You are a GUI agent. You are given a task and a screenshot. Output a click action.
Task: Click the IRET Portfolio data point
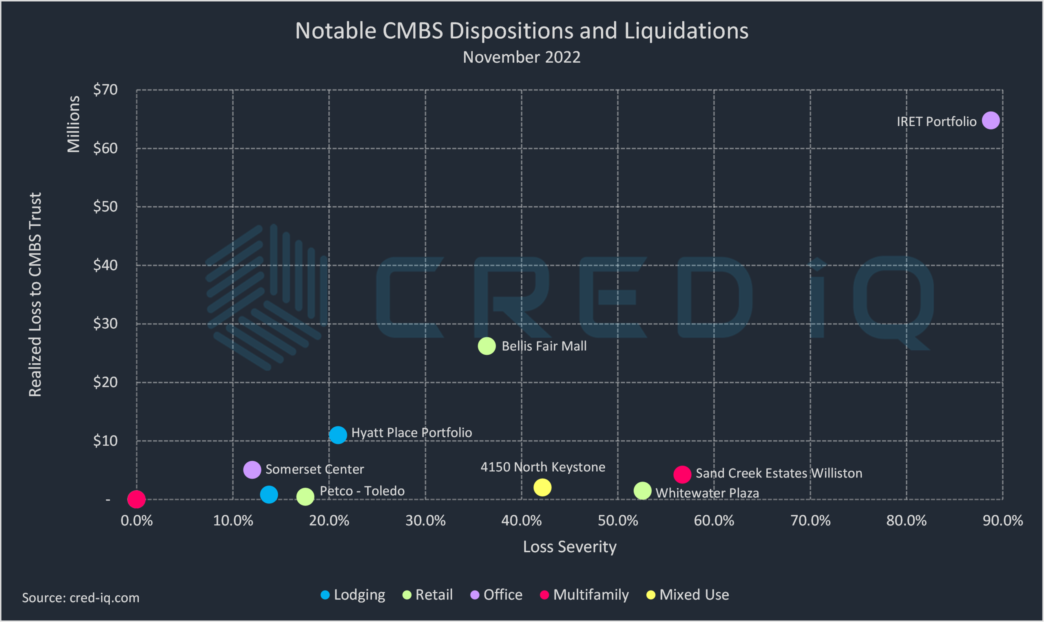(990, 121)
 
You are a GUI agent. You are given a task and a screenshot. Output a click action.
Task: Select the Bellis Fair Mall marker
(487, 346)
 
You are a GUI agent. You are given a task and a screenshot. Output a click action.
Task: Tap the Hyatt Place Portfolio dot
(338, 435)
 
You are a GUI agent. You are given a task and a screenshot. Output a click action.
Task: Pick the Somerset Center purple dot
(252, 470)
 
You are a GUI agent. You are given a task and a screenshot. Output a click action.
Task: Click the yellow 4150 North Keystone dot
(542, 488)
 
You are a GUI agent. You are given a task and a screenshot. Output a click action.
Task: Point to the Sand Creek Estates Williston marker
(682, 475)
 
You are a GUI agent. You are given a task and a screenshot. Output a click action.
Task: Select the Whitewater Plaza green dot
(642, 491)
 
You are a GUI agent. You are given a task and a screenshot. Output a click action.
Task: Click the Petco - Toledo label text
(362, 491)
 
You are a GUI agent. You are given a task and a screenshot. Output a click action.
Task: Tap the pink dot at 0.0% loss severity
(136, 499)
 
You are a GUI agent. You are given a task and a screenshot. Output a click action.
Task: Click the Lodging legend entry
(353, 595)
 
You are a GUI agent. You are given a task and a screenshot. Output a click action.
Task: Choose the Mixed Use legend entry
(688, 595)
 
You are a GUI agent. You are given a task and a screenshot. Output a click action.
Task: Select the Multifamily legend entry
(585, 595)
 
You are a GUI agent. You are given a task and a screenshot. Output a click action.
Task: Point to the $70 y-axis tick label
(105, 90)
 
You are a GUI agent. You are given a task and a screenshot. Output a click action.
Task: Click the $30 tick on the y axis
(105, 323)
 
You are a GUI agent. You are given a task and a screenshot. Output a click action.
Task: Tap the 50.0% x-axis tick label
(618, 521)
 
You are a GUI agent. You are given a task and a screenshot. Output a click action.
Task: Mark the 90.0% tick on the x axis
(1002, 521)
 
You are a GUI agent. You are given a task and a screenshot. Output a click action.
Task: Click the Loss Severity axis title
(569, 547)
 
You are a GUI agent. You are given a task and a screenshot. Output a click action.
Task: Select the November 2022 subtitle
(522, 57)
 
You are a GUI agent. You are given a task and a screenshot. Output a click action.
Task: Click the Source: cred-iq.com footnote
(81, 598)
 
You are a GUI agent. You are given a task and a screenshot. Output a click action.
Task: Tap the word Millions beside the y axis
(73, 124)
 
